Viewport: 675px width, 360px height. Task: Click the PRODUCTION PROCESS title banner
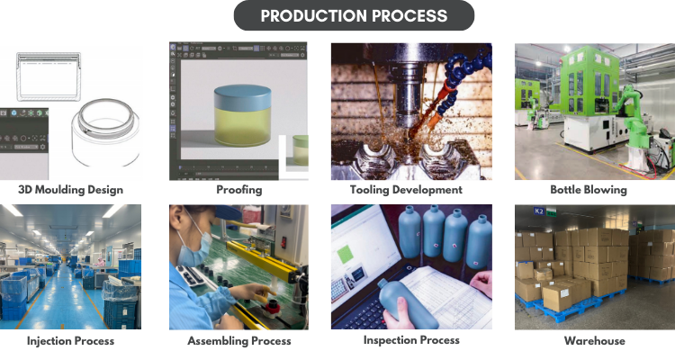pyautogui.click(x=354, y=16)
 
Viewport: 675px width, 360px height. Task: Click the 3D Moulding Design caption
pyautogui.click(x=70, y=190)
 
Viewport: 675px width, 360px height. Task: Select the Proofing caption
pyautogui.click(x=238, y=190)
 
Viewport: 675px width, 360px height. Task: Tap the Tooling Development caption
pyautogui.click(x=406, y=190)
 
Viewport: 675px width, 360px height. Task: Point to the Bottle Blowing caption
pyautogui.click(x=589, y=190)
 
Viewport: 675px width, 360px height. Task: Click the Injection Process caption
pyautogui.click(x=70, y=341)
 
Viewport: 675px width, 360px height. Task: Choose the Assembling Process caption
pyautogui.click(x=238, y=341)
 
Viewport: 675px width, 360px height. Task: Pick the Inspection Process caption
pyautogui.click(x=411, y=340)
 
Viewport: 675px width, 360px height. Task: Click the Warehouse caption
pyautogui.click(x=594, y=341)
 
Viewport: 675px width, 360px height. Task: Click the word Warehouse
pyautogui.click(x=594, y=341)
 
